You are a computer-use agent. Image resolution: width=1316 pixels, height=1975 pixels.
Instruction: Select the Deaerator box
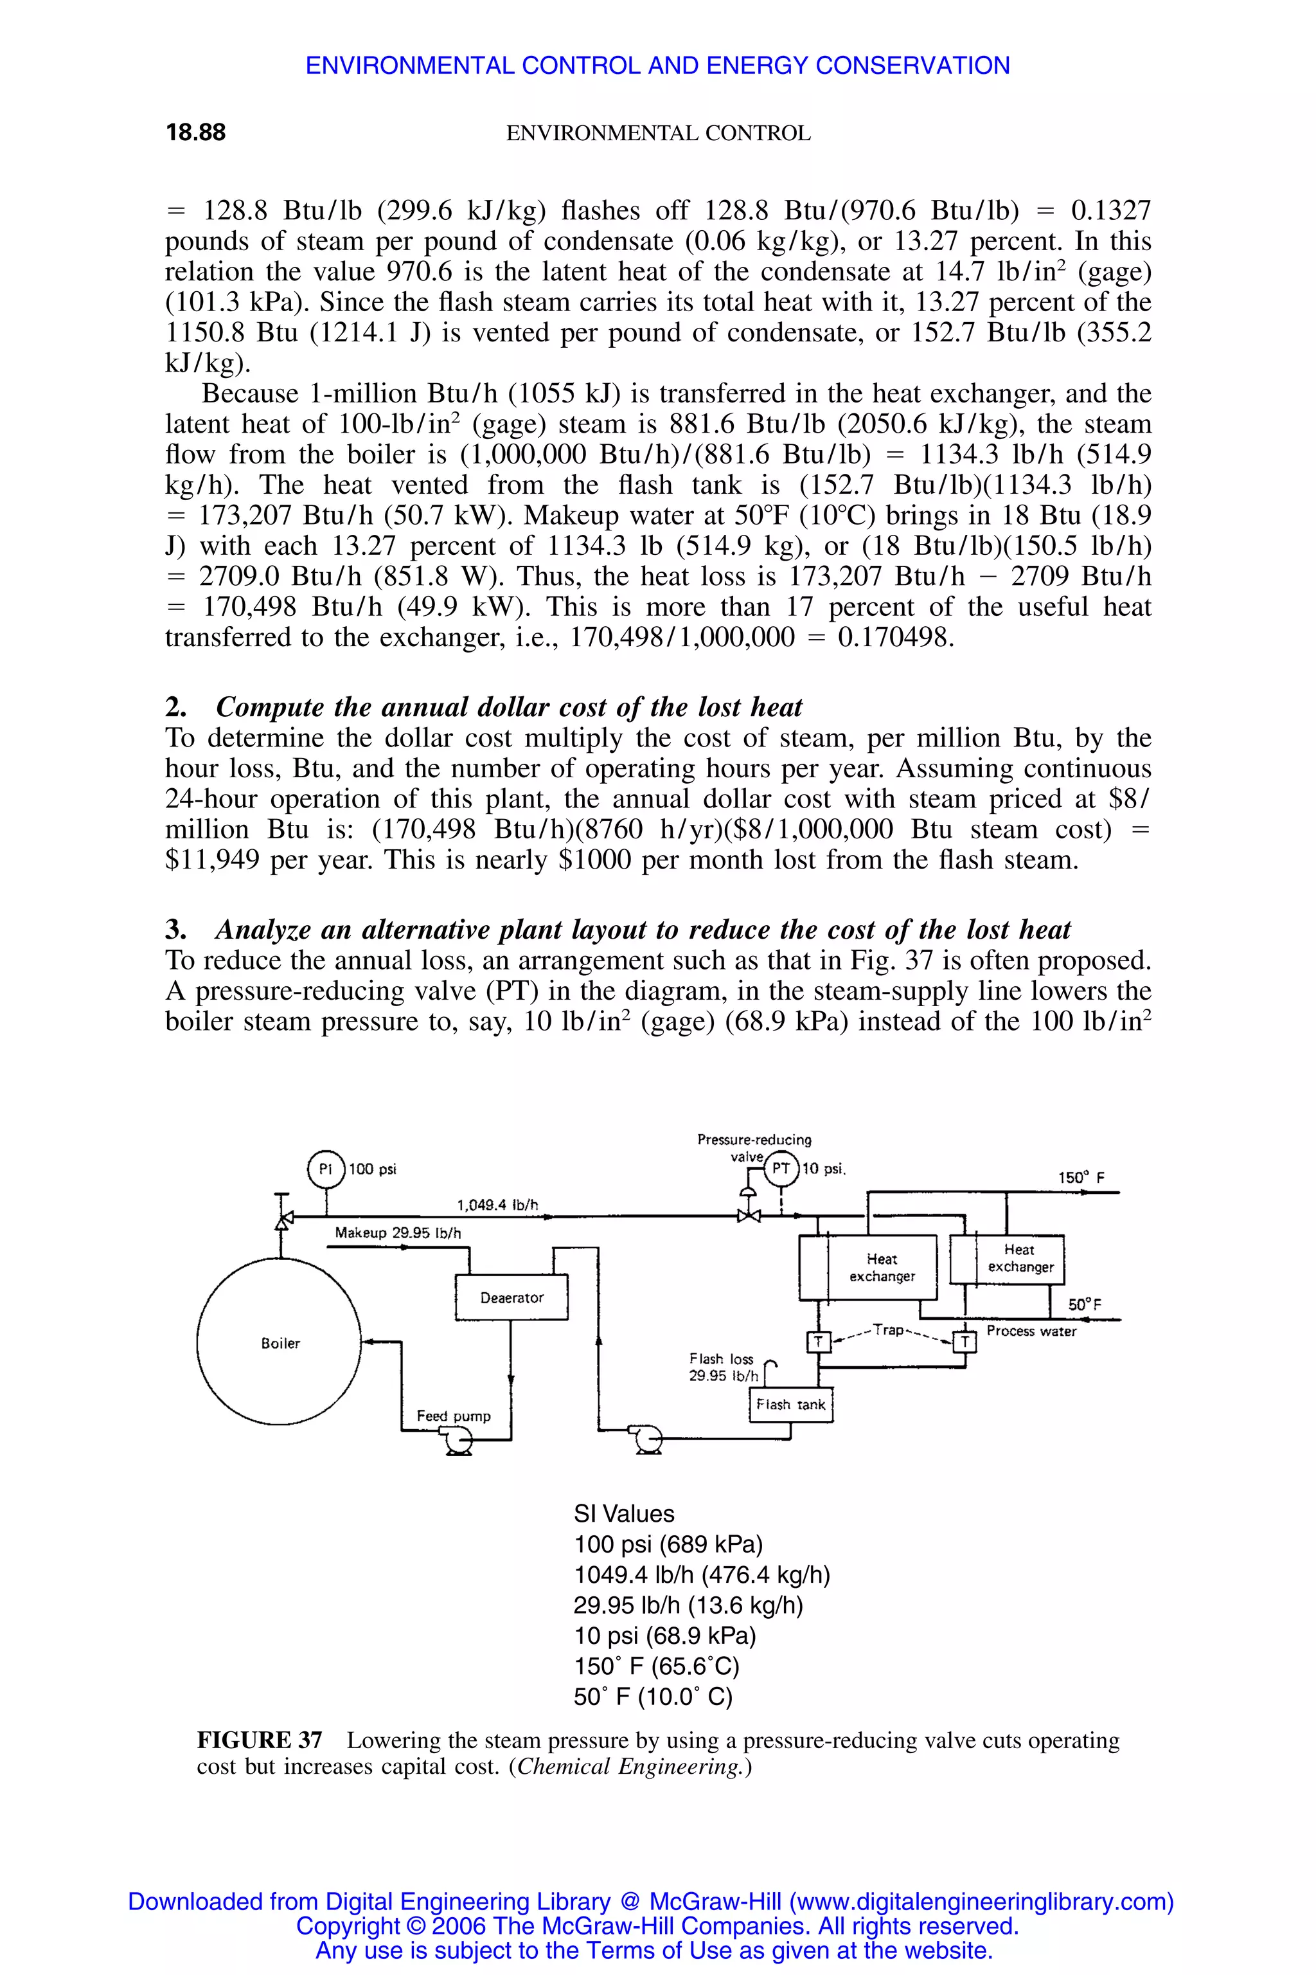tap(511, 1297)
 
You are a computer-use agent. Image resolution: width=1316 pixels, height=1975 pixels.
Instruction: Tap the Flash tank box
tap(790, 1404)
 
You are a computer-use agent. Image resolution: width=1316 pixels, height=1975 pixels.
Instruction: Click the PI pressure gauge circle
tap(326, 1169)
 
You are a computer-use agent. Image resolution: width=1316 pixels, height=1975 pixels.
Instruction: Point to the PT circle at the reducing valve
tap(781, 1169)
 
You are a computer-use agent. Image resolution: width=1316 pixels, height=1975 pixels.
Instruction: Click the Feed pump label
tap(453, 1416)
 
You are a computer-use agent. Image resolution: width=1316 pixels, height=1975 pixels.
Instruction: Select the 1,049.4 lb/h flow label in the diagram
tap(497, 1205)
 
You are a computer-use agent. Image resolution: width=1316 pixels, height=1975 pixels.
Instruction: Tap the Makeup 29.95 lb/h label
tap(398, 1232)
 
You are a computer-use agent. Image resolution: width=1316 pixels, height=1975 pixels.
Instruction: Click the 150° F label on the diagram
tap(1081, 1177)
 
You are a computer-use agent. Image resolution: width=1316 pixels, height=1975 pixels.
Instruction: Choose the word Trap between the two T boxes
tap(888, 1330)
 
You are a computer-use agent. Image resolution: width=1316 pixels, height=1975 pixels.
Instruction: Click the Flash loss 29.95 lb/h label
tap(723, 1367)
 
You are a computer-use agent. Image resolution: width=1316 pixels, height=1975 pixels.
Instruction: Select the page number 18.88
tap(195, 132)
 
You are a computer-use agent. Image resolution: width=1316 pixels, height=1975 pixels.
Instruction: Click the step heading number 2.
tap(173, 707)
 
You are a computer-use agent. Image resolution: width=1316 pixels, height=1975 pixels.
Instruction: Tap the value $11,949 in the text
tap(212, 860)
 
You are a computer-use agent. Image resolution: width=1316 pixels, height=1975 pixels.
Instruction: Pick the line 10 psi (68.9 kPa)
tap(664, 1636)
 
